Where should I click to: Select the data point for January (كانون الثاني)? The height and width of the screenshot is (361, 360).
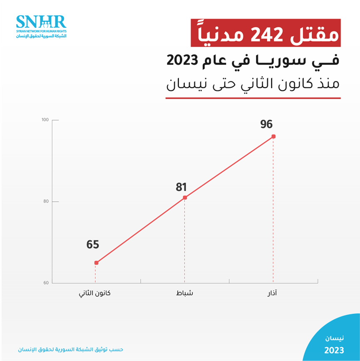(96, 263)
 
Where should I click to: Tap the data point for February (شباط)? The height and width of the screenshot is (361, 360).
(185, 198)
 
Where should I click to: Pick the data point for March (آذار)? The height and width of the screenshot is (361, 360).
(273, 136)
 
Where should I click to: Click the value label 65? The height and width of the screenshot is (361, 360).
(93, 245)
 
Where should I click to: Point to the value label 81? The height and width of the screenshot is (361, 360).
(181, 188)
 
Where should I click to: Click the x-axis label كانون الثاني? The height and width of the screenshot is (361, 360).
(96, 294)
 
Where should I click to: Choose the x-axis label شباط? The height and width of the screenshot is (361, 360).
(185, 294)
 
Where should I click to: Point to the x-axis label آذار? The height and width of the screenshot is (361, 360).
(272, 294)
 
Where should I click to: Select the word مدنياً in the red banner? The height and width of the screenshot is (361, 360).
(222, 33)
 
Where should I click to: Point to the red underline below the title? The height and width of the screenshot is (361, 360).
(253, 99)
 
